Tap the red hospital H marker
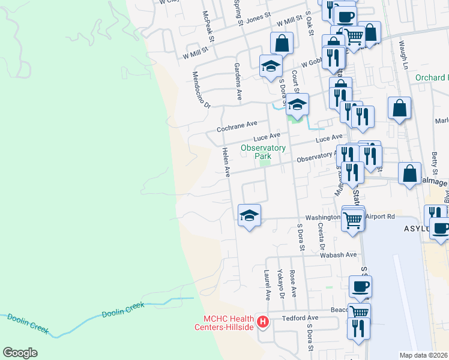click(x=262, y=322)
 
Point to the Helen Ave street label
click(x=226, y=162)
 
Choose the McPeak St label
click(x=208, y=25)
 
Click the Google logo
click(x=20, y=352)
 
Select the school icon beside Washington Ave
click(x=249, y=215)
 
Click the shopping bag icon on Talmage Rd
click(x=409, y=174)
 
